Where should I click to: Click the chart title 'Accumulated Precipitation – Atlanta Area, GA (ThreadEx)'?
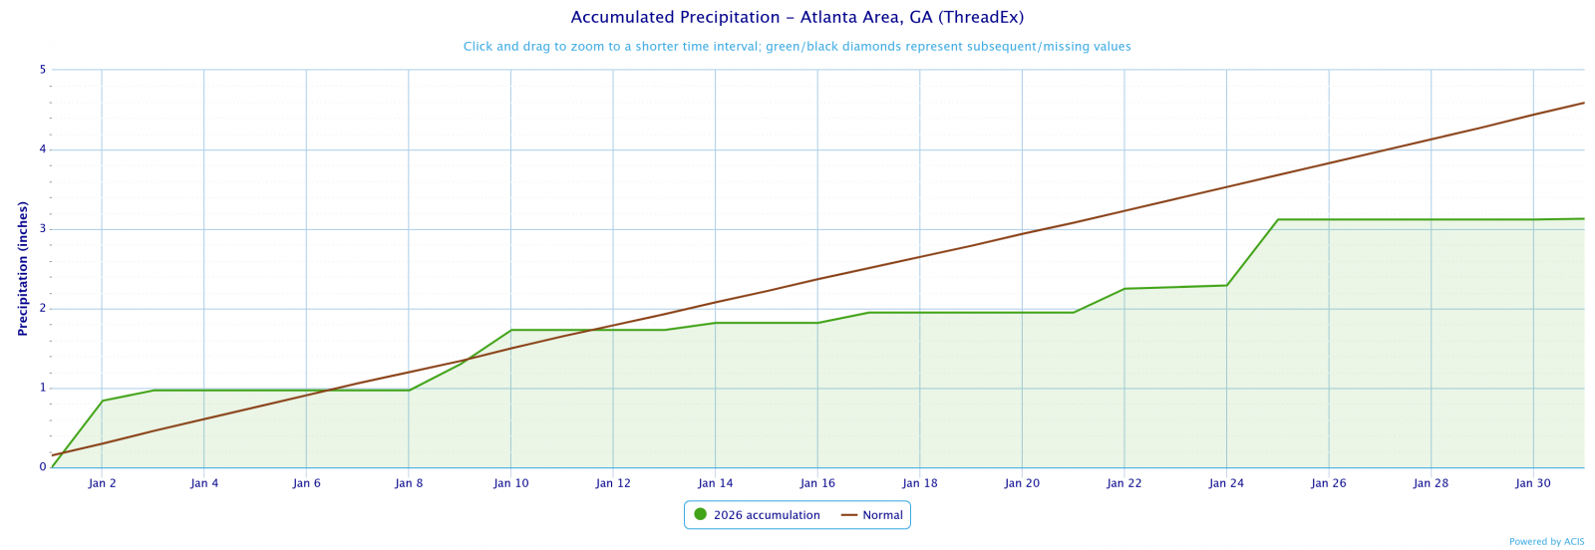click(797, 18)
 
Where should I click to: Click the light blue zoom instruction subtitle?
click(797, 47)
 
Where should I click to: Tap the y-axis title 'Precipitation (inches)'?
click(22, 268)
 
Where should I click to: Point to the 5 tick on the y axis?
click(43, 70)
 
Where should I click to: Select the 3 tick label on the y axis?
click(43, 229)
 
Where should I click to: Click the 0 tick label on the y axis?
click(43, 467)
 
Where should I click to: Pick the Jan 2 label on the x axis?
click(102, 484)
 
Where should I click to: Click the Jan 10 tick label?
click(510, 484)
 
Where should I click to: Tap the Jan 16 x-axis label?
click(817, 484)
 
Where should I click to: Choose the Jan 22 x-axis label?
click(1124, 484)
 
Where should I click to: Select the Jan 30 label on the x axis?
click(1533, 484)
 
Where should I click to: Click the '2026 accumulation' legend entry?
click(767, 515)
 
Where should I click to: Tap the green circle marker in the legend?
click(700, 514)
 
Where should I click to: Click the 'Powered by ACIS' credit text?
click(1546, 542)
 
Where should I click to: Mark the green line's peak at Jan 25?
click(1278, 219)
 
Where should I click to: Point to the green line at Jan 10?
click(510, 330)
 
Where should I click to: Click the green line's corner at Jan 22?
click(1124, 289)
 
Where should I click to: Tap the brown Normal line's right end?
click(1583, 103)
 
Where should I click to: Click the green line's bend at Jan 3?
click(153, 391)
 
